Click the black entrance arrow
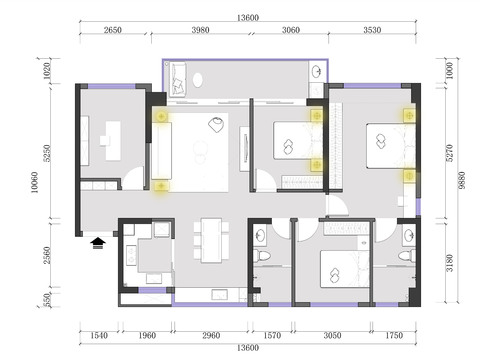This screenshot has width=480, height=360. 98,243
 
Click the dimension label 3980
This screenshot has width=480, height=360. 200,30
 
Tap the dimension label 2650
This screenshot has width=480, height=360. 112,30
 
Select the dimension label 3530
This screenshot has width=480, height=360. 372,30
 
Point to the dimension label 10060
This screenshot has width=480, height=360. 34,182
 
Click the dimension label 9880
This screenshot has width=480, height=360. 461,180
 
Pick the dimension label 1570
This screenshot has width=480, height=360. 272,335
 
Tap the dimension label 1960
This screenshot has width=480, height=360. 147,335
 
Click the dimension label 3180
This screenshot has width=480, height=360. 450,263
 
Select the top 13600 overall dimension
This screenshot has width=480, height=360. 248,18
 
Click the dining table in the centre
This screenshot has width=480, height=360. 211,240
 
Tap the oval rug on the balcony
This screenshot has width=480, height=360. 198,80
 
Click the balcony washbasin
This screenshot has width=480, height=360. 317,71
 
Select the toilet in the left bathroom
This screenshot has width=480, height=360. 262,256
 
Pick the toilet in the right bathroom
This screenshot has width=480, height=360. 407,256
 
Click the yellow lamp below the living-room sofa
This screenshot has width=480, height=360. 161,186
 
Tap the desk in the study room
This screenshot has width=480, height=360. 113,141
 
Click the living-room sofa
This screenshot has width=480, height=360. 162,151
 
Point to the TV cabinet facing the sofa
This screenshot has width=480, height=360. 244,149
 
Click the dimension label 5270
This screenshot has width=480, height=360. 450,153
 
